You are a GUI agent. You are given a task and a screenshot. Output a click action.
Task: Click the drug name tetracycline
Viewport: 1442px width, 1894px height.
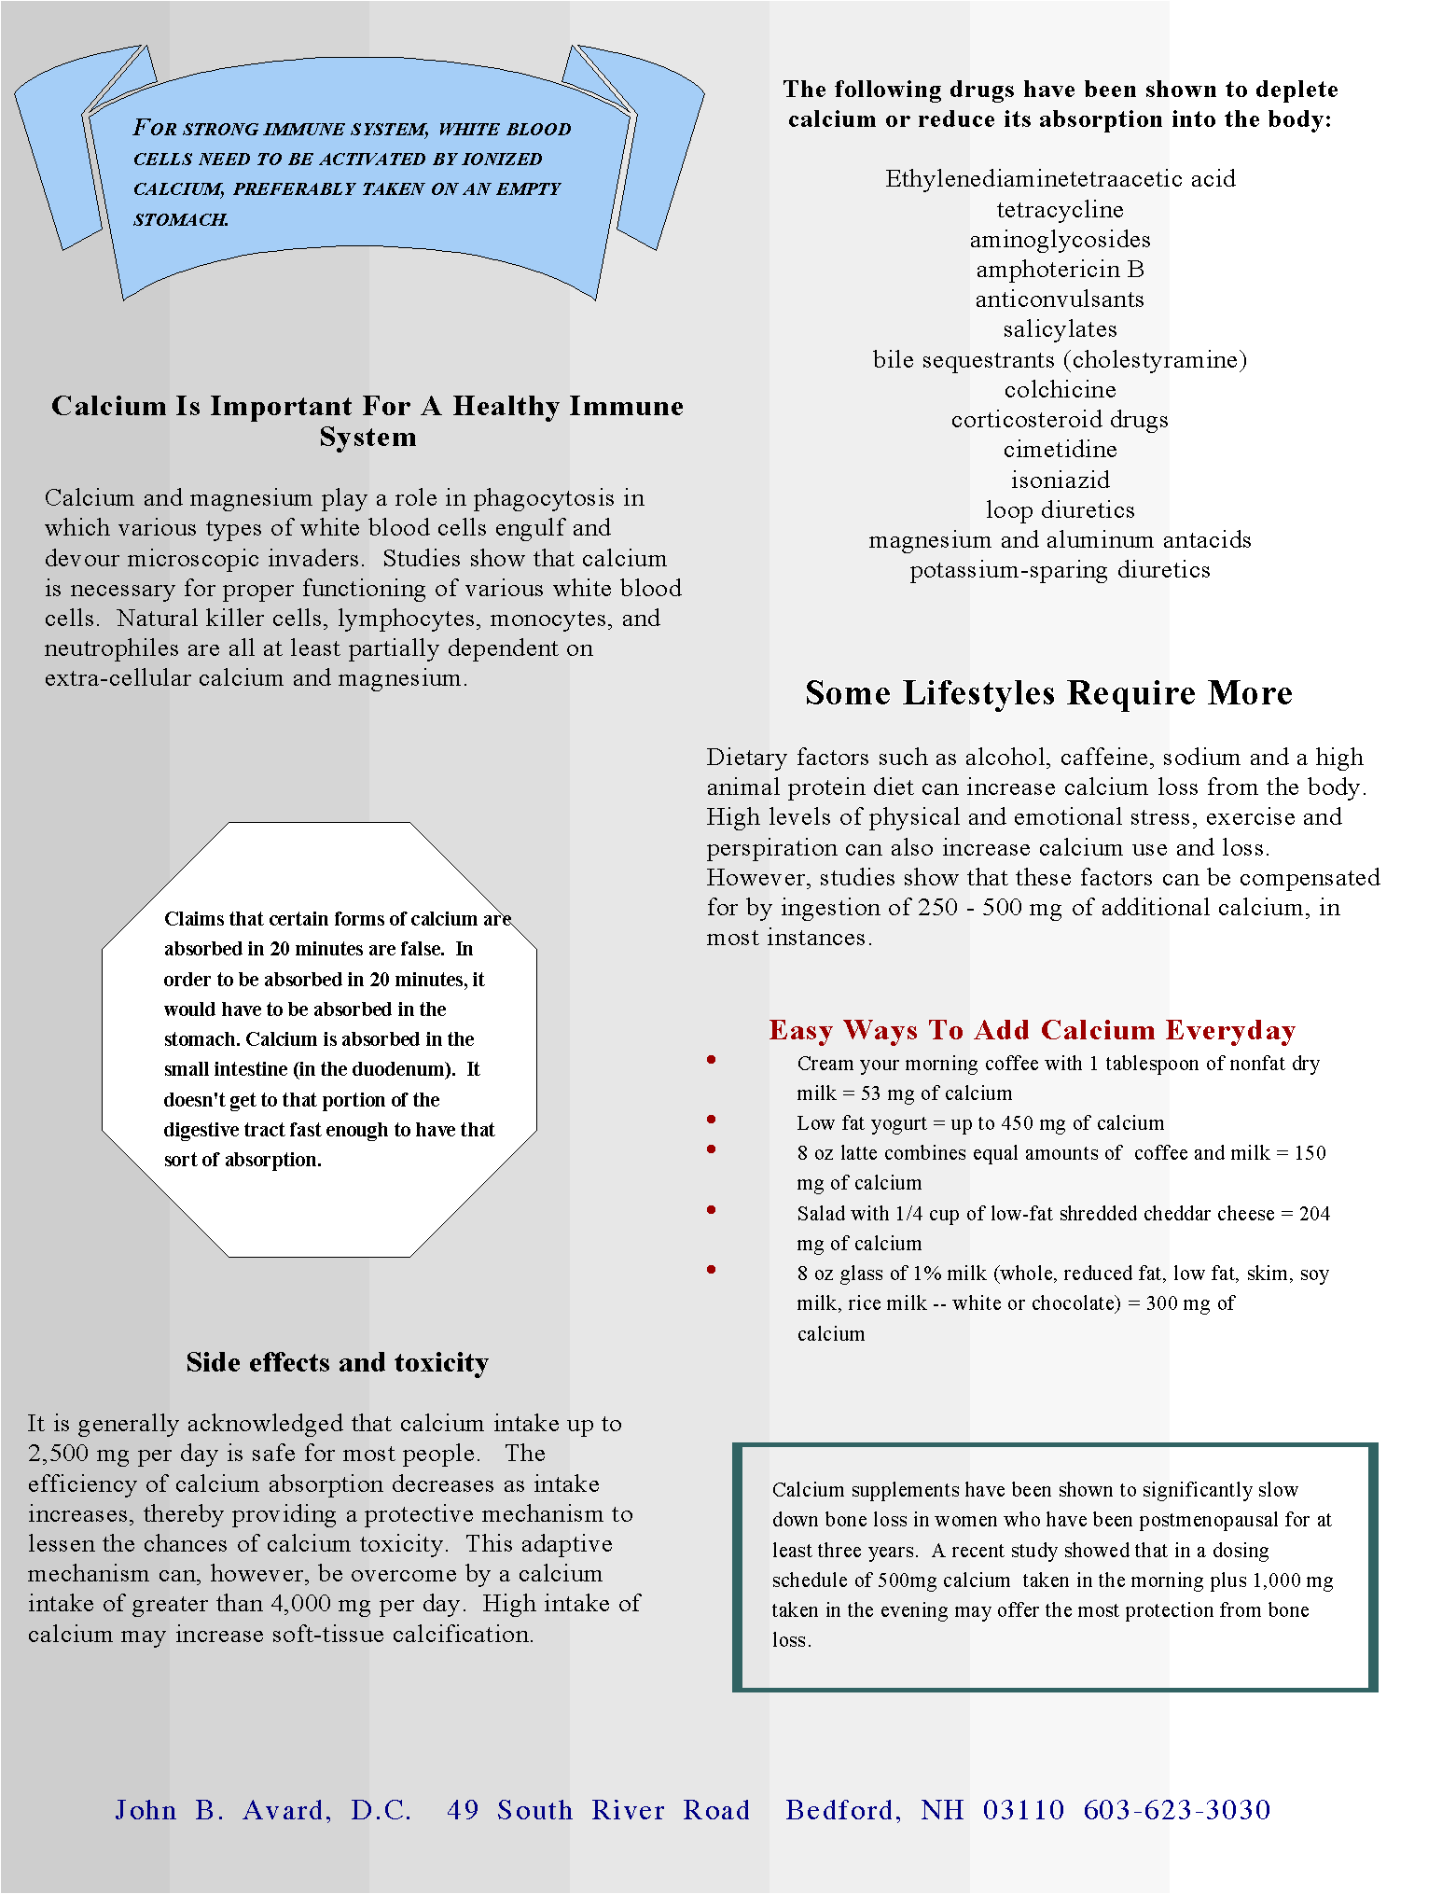tap(1060, 210)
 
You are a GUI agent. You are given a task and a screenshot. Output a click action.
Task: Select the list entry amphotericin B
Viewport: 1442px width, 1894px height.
tap(1060, 270)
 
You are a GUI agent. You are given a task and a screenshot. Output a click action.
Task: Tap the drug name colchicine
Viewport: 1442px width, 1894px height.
tap(1060, 390)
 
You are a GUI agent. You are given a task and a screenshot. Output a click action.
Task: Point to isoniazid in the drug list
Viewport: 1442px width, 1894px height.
tap(1060, 480)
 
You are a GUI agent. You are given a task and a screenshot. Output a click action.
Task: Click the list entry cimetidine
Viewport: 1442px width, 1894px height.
tap(1060, 450)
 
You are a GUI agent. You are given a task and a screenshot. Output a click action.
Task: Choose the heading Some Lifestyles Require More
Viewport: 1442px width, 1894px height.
tap(1048, 693)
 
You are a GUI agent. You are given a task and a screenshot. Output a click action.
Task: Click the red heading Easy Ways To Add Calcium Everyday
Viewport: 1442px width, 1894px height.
tap(1032, 1030)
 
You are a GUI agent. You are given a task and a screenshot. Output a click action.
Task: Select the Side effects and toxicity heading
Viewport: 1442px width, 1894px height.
tap(337, 1363)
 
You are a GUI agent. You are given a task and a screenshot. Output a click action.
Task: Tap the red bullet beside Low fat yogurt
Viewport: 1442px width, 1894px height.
tap(712, 1120)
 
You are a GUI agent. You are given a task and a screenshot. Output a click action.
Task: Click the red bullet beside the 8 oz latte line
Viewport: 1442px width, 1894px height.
tap(712, 1149)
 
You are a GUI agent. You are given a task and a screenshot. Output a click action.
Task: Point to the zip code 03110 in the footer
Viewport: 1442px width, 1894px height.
tap(1023, 1811)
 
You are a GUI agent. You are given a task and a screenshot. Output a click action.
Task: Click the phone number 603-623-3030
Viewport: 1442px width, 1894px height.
tap(1177, 1811)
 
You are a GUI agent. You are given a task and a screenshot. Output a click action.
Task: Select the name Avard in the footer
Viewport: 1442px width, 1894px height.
tap(285, 1811)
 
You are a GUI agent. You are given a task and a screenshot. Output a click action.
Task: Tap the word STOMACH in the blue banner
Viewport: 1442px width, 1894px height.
tap(180, 220)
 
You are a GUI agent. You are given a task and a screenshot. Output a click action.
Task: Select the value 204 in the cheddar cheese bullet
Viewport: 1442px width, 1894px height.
tap(1314, 1214)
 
